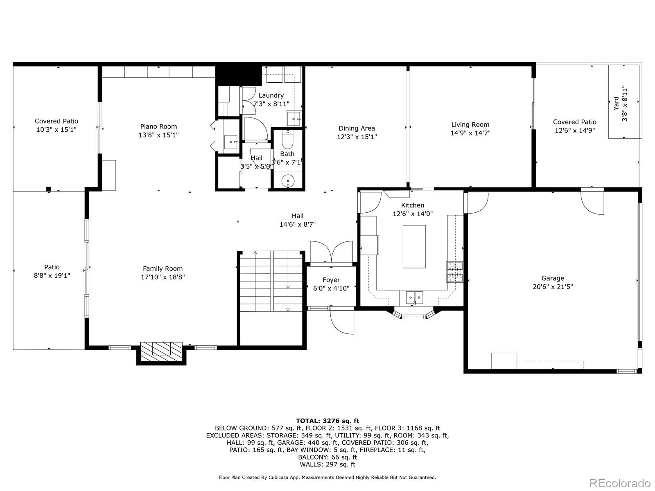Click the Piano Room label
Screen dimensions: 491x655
click(158, 126)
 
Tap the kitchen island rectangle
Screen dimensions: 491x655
click(414, 246)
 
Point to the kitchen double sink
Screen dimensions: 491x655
click(414, 297)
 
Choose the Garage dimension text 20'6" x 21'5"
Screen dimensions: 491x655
click(553, 287)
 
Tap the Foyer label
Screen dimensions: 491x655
click(331, 280)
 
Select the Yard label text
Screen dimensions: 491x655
click(616, 103)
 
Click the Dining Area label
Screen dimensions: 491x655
click(357, 128)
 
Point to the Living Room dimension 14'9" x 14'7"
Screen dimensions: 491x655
click(470, 133)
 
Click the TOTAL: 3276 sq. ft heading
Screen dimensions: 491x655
click(327, 421)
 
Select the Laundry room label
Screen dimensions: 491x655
click(271, 95)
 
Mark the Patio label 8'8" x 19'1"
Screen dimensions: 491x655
click(52, 276)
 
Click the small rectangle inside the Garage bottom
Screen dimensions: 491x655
click(504, 361)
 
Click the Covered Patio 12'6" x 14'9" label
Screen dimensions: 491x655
click(574, 122)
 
